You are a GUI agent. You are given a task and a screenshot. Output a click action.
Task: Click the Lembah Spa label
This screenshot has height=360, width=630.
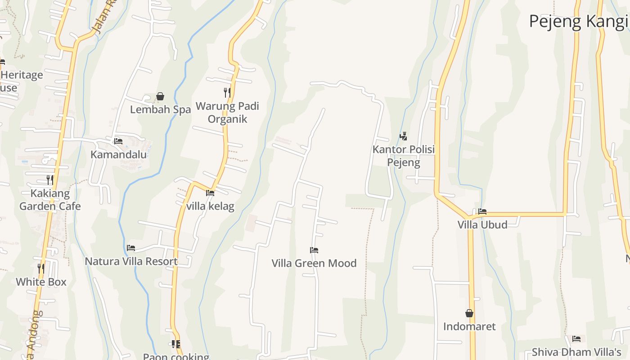pyautogui.click(x=160, y=109)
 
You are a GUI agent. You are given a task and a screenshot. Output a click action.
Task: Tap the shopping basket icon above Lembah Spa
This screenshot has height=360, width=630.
pyautogui.click(x=160, y=96)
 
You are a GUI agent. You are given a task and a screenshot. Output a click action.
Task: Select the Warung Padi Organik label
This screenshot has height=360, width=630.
pyautogui.click(x=227, y=112)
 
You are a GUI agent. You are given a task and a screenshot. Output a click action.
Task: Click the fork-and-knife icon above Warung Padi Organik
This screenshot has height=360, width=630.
pyautogui.click(x=227, y=93)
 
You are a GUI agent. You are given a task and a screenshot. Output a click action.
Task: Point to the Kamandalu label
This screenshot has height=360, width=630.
pyautogui.click(x=119, y=154)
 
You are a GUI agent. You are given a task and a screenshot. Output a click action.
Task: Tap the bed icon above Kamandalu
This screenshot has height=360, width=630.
pyautogui.click(x=118, y=141)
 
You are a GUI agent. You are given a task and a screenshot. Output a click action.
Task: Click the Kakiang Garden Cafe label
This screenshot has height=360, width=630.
pyautogui.click(x=50, y=200)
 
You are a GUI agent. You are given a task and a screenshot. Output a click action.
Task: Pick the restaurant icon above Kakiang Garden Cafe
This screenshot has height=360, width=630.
pyautogui.click(x=50, y=180)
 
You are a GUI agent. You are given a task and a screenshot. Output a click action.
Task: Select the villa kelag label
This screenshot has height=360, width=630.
pyautogui.click(x=210, y=206)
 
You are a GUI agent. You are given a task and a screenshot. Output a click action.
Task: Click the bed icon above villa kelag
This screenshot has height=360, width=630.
pyautogui.click(x=210, y=193)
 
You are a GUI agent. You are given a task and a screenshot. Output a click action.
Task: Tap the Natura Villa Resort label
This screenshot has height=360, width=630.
pyautogui.click(x=131, y=261)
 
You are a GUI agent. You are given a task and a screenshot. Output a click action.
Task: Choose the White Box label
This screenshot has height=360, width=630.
pyautogui.click(x=41, y=282)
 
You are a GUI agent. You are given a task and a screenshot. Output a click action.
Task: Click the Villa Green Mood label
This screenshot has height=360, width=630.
pyautogui.click(x=314, y=263)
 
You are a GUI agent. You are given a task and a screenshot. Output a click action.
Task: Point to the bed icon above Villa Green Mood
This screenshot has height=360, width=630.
pyautogui.click(x=314, y=250)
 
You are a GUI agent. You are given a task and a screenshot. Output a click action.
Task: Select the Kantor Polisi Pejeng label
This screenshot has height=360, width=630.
pyautogui.click(x=404, y=156)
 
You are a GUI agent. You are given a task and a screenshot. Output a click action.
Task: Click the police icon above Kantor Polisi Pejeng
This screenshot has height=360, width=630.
pyautogui.click(x=404, y=136)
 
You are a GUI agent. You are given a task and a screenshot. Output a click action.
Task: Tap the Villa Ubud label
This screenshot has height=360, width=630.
pyautogui.click(x=482, y=224)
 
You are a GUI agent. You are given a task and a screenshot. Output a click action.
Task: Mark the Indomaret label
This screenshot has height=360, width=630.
pyautogui.click(x=469, y=326)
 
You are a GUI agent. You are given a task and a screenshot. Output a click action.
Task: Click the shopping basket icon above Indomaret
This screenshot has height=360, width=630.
pyautogui.click(x=469, y=313)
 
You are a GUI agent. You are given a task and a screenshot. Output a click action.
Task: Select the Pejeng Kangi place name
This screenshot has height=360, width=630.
pyautogui.click(x=578, y=21)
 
